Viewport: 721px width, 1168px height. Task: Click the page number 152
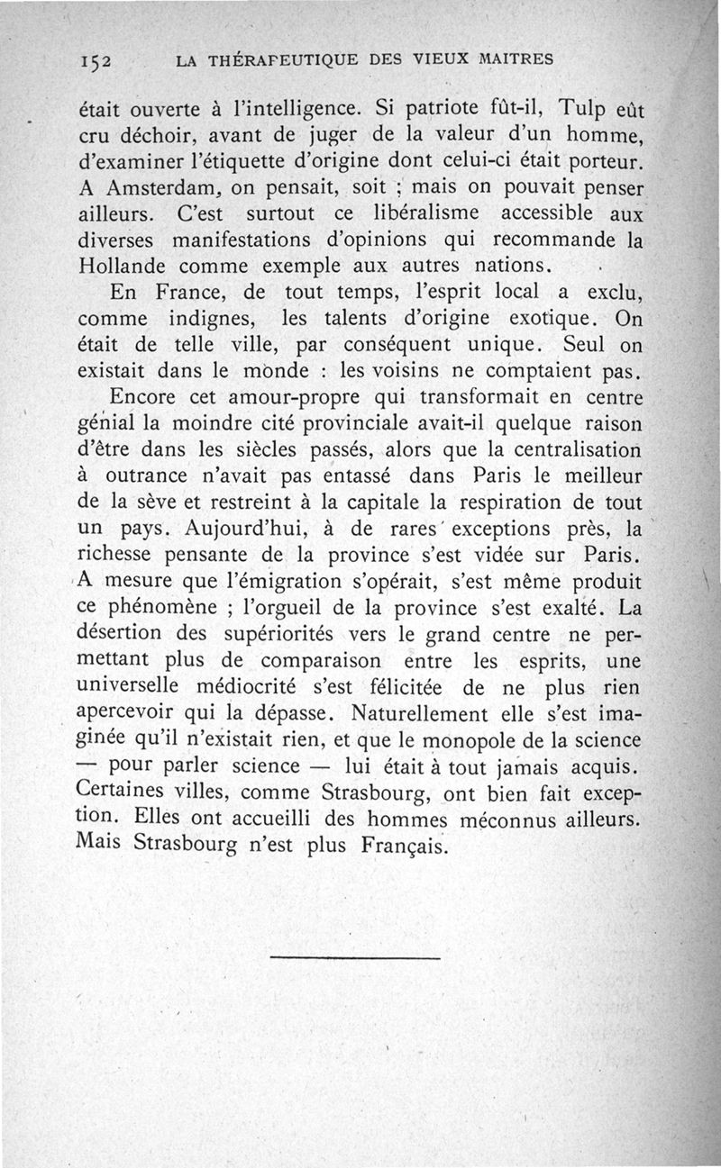coord(94,61)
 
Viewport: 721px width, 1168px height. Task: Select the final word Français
coord(400,847)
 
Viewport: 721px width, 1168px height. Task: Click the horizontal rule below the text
coord(354,957)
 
